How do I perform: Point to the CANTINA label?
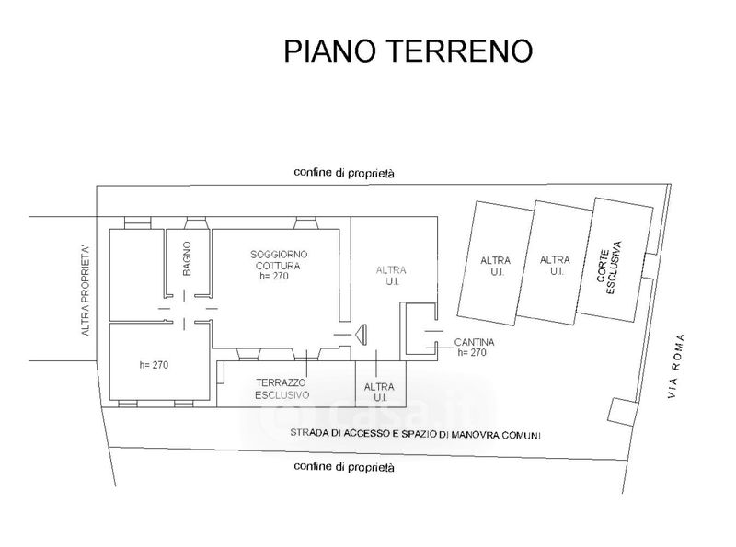coord(475,342)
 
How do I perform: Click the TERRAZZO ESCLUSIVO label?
coord(282,388)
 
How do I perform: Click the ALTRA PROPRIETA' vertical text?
coord(86,290)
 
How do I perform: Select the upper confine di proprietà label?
coord(344,173)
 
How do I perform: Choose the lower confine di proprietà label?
coord(344,467)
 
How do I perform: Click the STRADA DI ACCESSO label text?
coord(416,434)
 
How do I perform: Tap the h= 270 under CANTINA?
coord(471,353)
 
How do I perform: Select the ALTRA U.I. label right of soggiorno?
coord(391,276)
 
